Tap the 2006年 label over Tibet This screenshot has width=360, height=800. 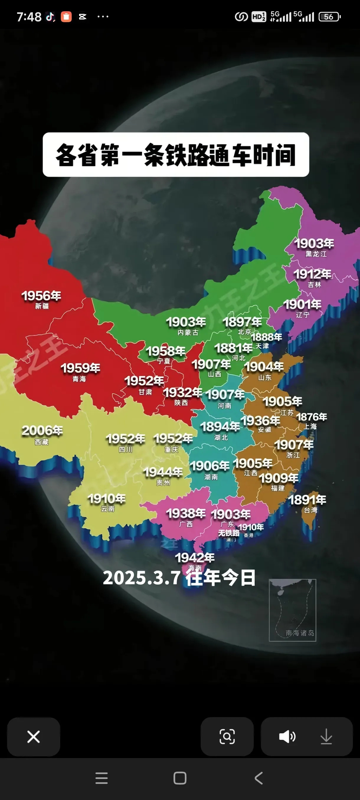click(x=42, y=431)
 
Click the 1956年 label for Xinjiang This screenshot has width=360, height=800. click(x=41, y=296)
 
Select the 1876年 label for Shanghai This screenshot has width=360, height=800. click(x=312, y=417)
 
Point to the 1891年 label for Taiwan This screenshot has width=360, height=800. click(x=307, y=500)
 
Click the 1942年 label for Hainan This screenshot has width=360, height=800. click(x=195, y=558)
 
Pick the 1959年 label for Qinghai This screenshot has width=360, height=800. click(x=80, y=368)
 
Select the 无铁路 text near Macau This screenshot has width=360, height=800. click(x=229, y=533)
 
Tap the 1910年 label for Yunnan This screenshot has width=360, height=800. click(x=107, y=499)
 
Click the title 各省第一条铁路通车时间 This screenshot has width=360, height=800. click(x=176, y=155)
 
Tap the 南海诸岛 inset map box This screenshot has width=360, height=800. click(x=292, y=610)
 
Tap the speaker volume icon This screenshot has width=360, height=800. click(x=287, y=736)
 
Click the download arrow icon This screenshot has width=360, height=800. click(x=326, y=736)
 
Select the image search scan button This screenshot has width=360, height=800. click(x=227, y=736)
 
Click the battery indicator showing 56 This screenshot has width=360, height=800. click(x=329, y=17)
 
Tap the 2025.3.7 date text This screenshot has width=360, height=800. click(x=142, y=578)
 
